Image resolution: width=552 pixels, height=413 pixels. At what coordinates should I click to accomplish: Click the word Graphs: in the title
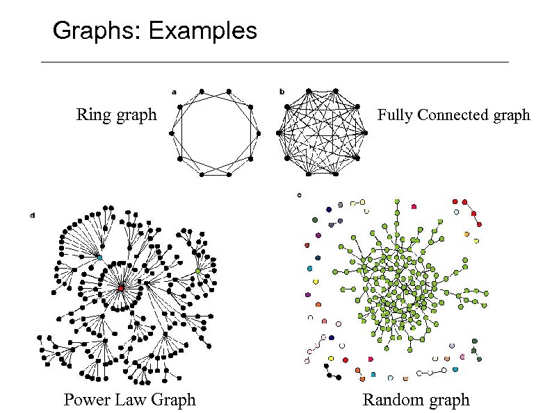click(96, 31)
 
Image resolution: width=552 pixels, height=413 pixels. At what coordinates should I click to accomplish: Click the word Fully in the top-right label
click(392, 115)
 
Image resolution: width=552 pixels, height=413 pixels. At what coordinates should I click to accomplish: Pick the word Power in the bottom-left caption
click(86, 400)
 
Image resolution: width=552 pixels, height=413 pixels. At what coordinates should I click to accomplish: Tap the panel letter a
click(174, 91)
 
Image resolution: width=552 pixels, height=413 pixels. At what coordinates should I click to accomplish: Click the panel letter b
click(282, 91)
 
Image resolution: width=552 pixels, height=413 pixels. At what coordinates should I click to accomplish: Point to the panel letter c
click(298, 195)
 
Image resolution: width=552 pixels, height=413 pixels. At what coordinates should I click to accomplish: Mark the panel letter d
click(33, 216)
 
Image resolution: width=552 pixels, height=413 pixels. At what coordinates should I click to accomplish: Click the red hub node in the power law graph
click(121, 287)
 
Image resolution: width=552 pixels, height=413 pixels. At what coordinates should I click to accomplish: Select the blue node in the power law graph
click(99, 258)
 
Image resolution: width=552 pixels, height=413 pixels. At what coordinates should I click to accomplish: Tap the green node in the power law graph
click(198, 271)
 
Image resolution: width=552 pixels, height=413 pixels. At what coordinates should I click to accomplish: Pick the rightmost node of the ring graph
click(258, 133)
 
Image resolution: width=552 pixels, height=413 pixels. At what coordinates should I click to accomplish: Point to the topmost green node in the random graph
click(397, 201)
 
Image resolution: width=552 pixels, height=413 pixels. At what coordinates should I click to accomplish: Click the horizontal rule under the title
click(275, 62)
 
